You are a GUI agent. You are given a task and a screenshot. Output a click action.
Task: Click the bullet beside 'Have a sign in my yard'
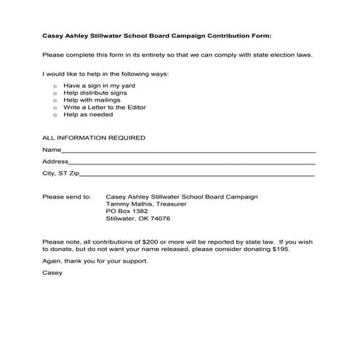tap(55, 86)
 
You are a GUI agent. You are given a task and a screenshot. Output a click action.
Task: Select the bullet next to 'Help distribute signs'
tap(55, 93)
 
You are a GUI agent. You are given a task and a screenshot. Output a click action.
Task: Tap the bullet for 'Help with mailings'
tap(55, 100)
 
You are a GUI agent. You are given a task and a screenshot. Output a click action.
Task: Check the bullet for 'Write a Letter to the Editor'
tap(55, 108)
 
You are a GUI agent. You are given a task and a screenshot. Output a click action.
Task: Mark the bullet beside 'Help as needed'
tap(55, 115)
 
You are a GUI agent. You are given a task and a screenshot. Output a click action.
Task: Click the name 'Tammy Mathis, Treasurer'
tap(146, 204)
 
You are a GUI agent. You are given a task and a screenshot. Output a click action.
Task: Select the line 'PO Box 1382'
tap(127, 211)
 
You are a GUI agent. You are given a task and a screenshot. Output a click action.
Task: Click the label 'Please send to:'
tap(66, 196)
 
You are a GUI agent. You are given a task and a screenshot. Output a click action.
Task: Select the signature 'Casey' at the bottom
tap(52, 273)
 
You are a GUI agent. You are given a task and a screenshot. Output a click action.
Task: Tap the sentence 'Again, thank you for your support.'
tap(95, 261)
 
